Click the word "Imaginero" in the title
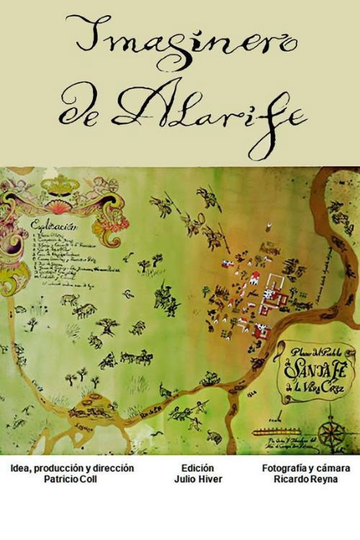[x=180, y=43]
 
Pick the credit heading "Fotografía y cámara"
[x=306, y=467]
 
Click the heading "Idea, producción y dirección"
[x=72, y=467]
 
